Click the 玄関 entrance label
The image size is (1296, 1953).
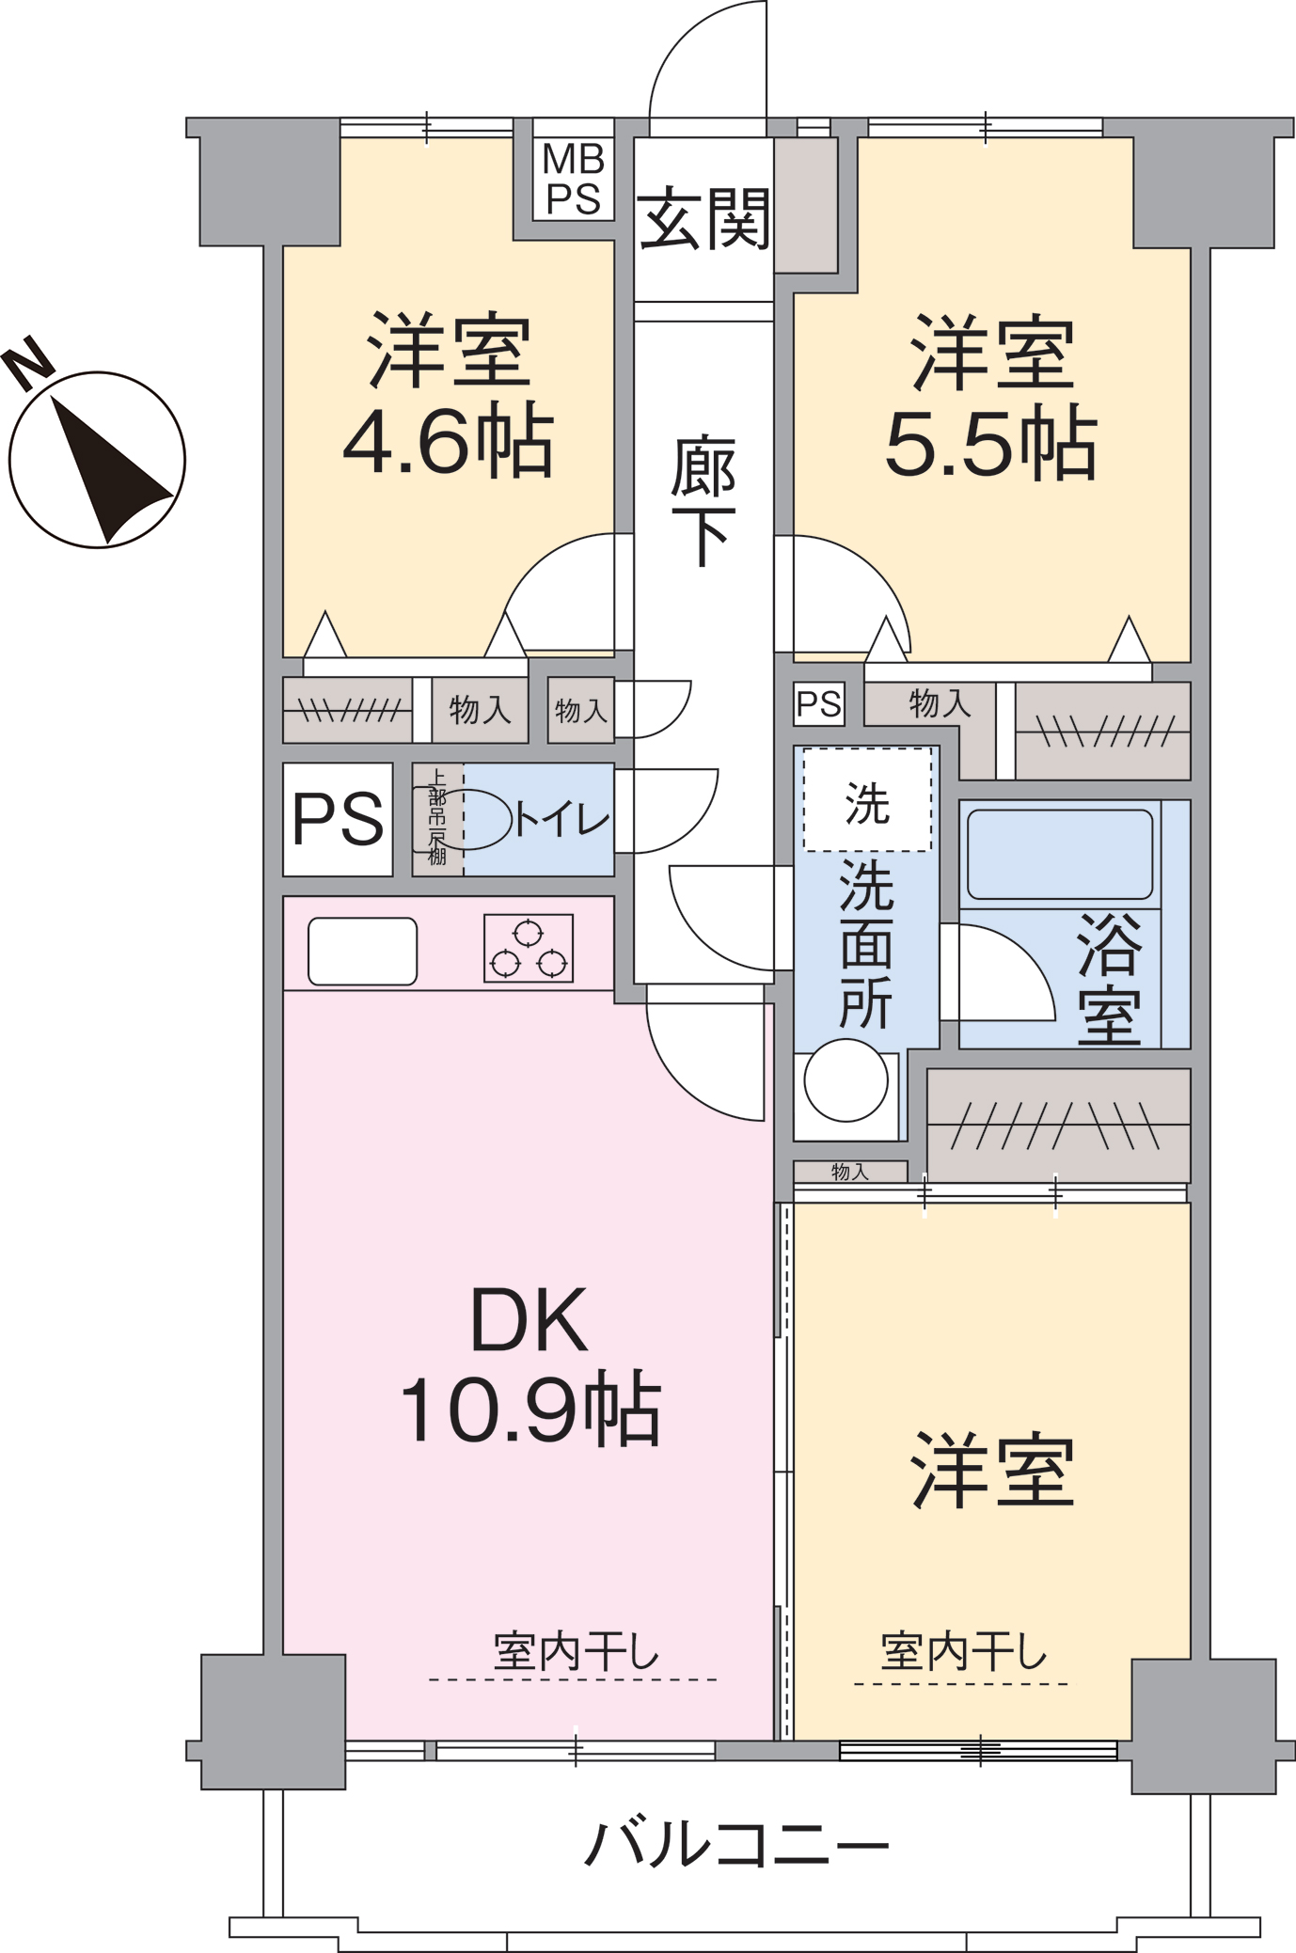[703, 218]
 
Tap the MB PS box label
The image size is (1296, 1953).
[574, 179]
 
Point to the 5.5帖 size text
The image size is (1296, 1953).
[991, 443]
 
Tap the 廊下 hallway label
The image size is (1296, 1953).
[703, 501]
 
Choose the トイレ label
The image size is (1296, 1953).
[562, 819]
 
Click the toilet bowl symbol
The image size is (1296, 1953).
[463, 819]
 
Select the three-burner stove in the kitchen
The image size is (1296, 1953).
[529, 948]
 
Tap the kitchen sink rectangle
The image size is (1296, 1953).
[362, 952]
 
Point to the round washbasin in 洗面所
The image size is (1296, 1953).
[846, 1080]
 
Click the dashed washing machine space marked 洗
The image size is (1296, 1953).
[867, 800]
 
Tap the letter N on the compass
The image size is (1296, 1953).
[27, 362]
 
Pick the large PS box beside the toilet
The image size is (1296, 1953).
[338, 819]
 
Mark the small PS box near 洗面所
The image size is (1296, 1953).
[819, 704]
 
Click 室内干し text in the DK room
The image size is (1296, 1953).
[577, 1652]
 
